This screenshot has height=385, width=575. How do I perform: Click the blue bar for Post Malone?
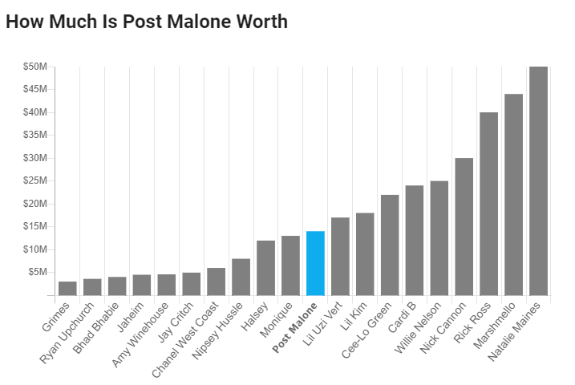coord(315,263)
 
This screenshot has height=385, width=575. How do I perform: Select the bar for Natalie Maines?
coord(538,180)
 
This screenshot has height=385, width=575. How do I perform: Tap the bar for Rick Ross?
coord(488,204)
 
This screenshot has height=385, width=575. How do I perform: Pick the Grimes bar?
coord(67,288)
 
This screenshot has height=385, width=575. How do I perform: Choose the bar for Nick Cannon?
coord(464,226)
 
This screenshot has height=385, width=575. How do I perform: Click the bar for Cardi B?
coord(414,240)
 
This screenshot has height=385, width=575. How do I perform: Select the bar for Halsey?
coord(265,268)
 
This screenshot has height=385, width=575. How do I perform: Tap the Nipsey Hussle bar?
coord(241,277)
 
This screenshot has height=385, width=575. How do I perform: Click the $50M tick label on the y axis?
coord(35,67)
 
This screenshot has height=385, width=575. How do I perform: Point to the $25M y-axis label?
coord(35,181)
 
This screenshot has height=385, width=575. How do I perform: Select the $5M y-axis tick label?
coord(38,273)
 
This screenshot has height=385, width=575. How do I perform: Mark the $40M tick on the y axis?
coord(35,112)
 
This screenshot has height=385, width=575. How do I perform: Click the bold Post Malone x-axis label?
coord(296,326)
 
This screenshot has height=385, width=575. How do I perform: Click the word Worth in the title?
coord(259,22)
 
